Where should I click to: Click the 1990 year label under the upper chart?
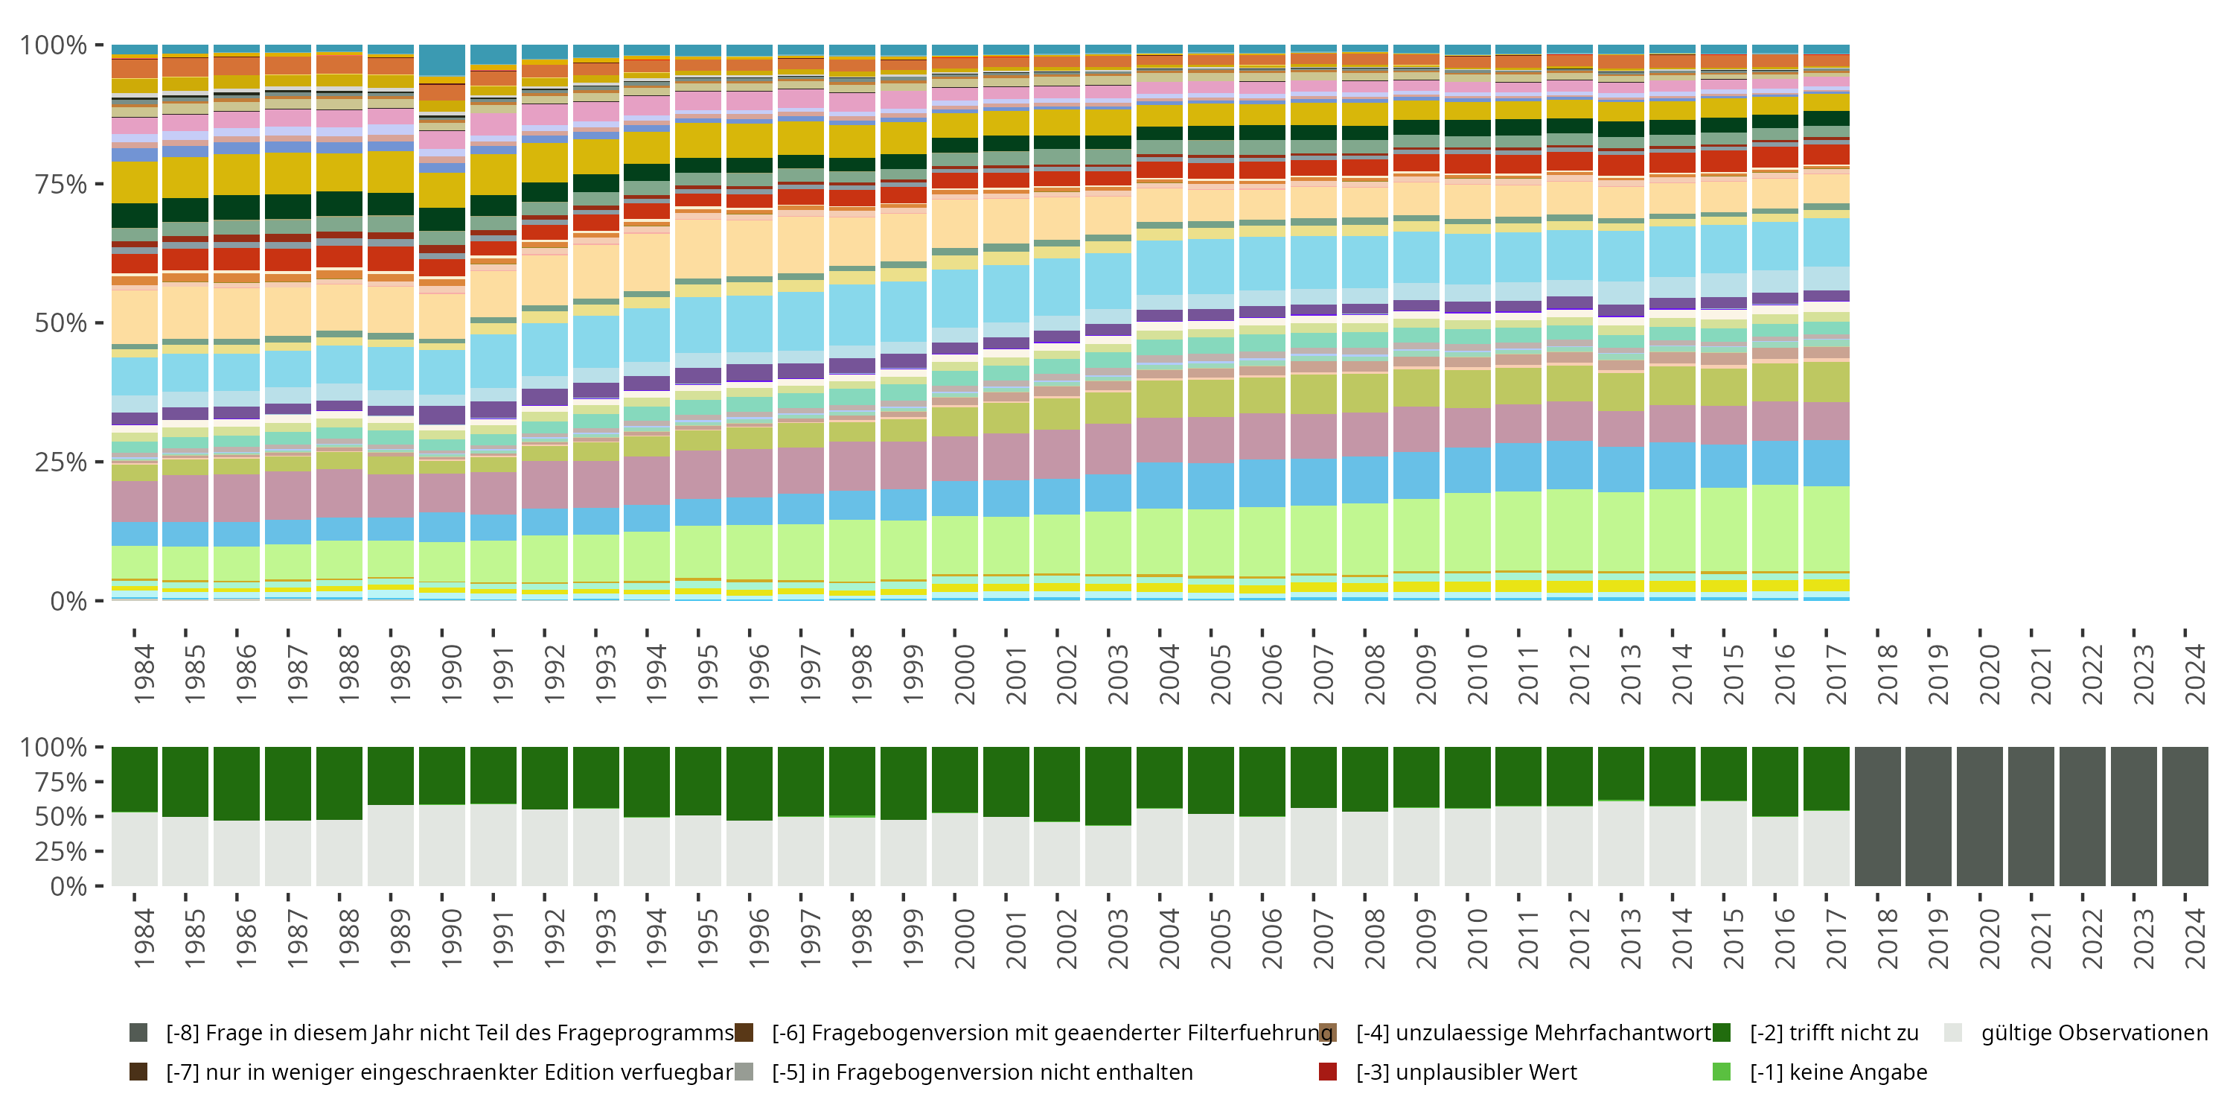tap(451, 674)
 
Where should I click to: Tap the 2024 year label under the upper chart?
tap(2194, 674)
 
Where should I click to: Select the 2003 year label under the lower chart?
tap(1117, 938)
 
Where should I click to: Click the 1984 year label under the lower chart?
tap(143, 938)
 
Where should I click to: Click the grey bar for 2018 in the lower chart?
tap(1878, 816)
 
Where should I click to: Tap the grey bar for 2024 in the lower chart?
tap(2185, 816)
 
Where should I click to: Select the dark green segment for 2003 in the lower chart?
tap(1108, 786)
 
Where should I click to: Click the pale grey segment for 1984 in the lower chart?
tap(135, 849)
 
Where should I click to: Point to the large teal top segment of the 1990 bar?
tap(442, 60)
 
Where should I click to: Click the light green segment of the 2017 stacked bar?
tap(1827, 529)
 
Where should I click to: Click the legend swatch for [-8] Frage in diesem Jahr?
tap(138, 1032)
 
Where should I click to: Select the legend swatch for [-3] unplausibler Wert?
tap(1327, 1072)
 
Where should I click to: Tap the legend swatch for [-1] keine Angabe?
tap(1722, 1072)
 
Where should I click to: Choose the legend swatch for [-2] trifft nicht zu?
tap(1722, 1032)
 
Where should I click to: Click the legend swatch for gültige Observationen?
tap(1953, 1032)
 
